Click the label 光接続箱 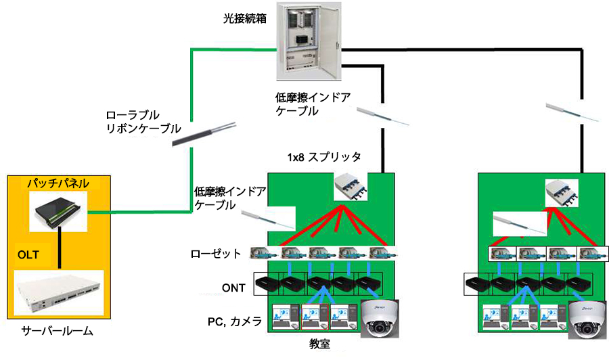[244, 19]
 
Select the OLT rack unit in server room [58, 294]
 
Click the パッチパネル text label [58, 183]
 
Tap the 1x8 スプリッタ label [324, 156]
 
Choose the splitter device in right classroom [564, 192]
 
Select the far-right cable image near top [572, 112]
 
